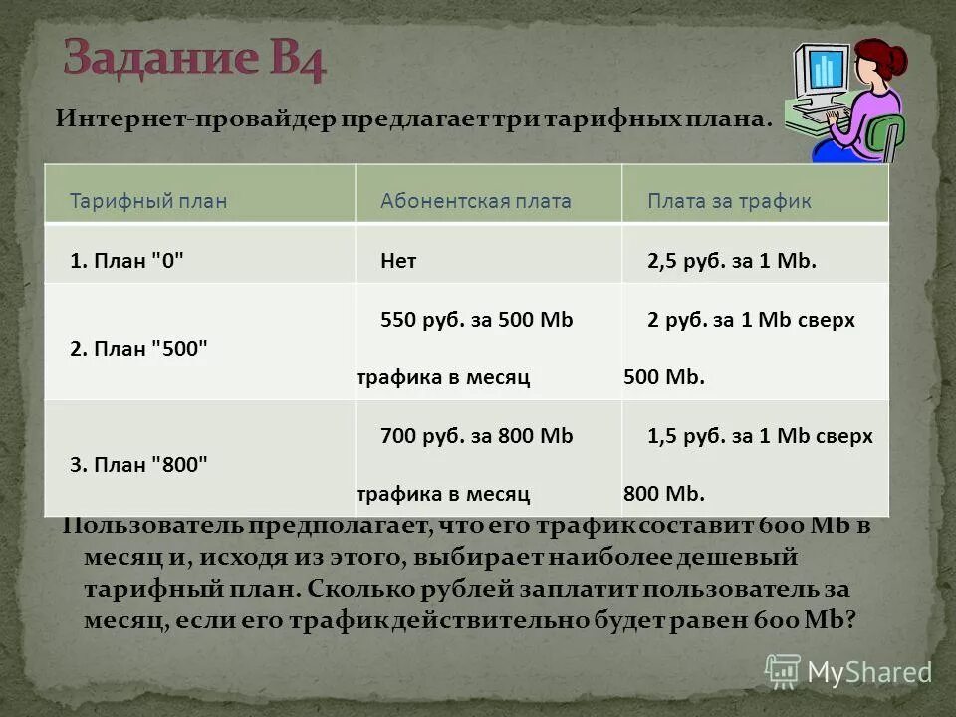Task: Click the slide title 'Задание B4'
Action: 194,59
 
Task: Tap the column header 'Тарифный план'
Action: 148,201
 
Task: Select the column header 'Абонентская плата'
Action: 476,201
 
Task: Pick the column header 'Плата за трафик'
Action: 729,201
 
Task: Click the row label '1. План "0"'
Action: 127,261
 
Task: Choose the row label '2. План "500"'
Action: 139,349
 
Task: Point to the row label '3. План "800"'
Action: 139,464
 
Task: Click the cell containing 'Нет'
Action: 398,261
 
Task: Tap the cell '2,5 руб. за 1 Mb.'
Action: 732,261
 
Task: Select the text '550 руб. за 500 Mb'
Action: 477,321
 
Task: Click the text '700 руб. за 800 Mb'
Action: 477,436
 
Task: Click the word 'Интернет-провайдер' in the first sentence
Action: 194,119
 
